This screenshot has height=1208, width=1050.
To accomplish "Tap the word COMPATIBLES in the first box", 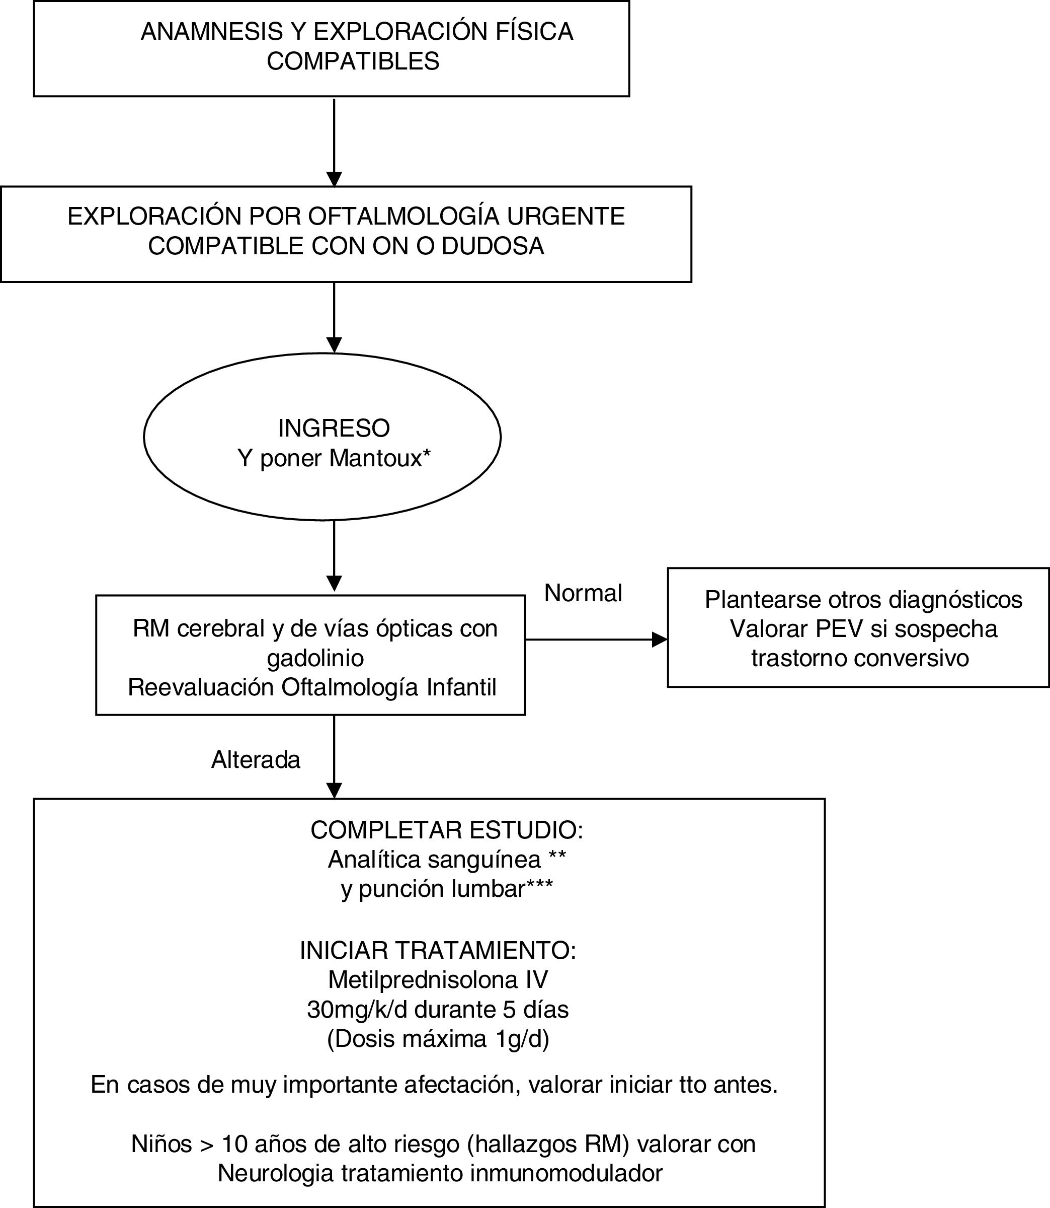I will point(353,61).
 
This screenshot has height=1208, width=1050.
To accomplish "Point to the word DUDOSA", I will point(493,246).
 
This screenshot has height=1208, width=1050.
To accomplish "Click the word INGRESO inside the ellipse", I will point(334,429).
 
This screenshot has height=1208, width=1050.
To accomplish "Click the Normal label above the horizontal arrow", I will point(583,594).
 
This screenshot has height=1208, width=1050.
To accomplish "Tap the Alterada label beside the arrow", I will point(256,760).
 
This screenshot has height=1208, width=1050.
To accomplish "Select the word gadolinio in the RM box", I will point(315,658).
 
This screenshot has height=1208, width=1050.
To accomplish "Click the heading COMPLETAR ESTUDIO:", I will point(446,830).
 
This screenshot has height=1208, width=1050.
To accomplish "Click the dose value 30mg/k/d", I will point(357,1009).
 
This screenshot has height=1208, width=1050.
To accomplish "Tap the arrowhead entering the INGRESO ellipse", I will point(334,345).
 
